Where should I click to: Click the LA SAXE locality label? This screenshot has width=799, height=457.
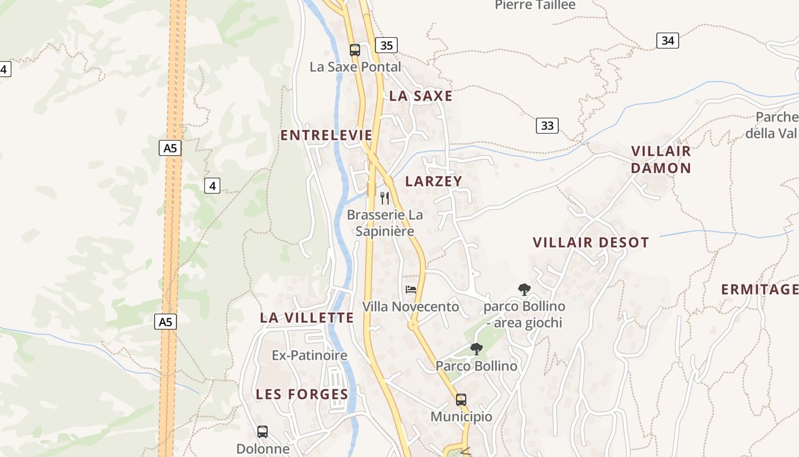coord(421,96)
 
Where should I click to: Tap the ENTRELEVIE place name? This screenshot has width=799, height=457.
coord(326,135)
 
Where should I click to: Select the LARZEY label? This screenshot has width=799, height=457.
coord(434,181)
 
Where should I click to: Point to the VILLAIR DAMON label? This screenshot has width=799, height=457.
coord(661,159)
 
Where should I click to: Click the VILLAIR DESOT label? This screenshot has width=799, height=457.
coord(591,242)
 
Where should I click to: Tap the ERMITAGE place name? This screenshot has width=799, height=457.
coord(759,290)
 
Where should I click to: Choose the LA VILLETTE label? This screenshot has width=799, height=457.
coord(307,318)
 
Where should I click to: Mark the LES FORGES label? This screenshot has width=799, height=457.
coord(302,394)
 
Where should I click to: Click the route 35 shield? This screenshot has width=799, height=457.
coord(386,45)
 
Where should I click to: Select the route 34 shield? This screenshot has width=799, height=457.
coord(667,40)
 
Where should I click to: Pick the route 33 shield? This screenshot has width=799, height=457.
coord(547,126)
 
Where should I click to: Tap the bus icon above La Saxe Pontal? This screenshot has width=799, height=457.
coord(355,50)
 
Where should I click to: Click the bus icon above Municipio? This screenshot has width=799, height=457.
coord(461,400)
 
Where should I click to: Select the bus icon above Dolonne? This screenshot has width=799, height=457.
coord(263,432)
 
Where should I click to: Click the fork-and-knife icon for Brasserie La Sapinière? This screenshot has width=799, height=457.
coord(385,198)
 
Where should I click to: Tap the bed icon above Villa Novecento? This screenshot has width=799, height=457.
coord(410,290)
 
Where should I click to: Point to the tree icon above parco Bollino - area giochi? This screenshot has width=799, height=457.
coord(524,290)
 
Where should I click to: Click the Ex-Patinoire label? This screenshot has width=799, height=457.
coord(309,355)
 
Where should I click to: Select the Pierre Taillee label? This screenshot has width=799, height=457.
coord(535,5)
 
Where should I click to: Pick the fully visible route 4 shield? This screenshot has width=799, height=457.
coord(212,186)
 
